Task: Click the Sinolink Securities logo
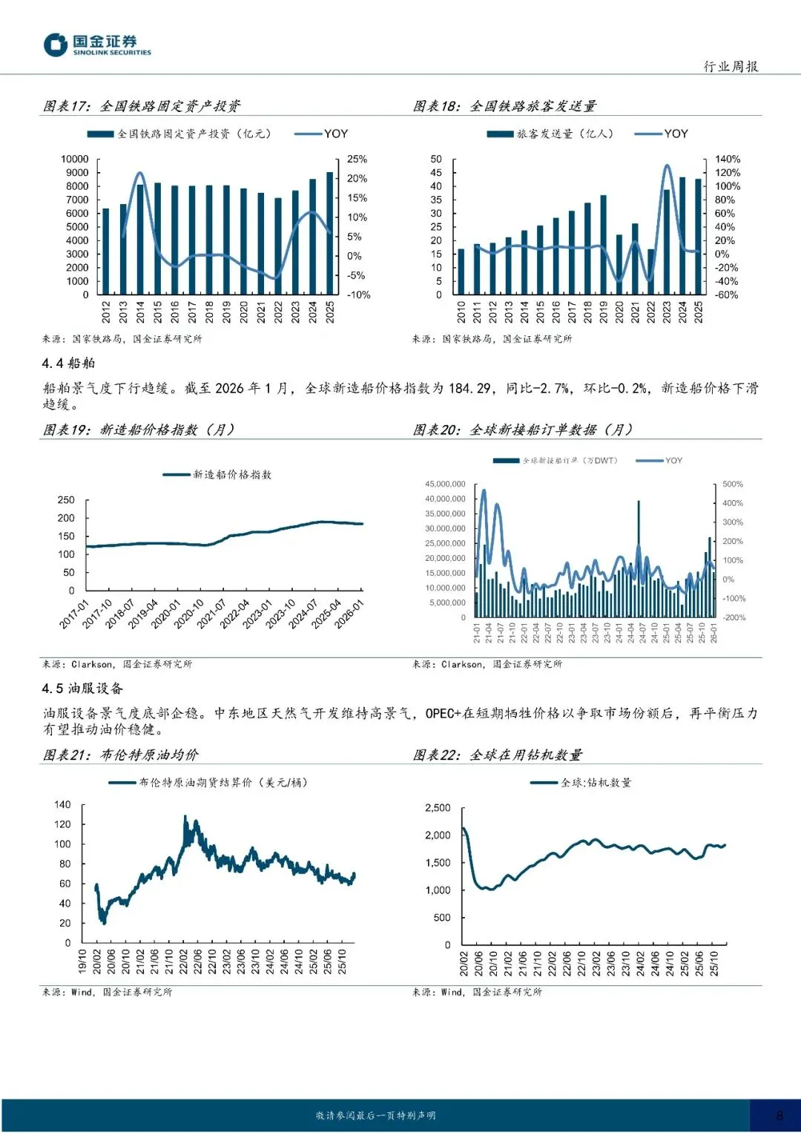(96, 45)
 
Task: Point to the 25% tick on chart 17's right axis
(357, 159)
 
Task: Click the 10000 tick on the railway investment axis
(74, 159)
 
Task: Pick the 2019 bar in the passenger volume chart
(604, 244)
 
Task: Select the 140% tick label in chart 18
(728, 159)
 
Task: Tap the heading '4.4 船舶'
(68, 363)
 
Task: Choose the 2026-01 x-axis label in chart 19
(349, 614)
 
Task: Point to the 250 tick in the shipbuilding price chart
(66, 500)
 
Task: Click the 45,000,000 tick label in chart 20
(445, 484)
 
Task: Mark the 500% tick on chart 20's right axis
(733, 484)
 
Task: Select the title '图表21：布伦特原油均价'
(121, 755)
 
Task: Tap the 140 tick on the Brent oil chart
(62, 804)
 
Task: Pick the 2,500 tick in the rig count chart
(438, 807)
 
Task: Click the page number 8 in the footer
(779, 1115)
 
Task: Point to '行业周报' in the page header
(731, 66)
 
